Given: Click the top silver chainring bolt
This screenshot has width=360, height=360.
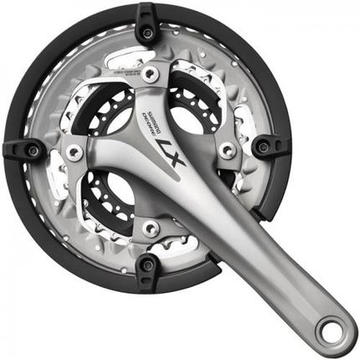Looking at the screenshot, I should tap(152, 75).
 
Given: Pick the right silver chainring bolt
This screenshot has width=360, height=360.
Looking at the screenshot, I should tap(226, 151).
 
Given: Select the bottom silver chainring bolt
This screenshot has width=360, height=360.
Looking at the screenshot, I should tap(151, 227).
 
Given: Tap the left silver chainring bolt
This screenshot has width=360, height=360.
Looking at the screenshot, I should tap(75, 152).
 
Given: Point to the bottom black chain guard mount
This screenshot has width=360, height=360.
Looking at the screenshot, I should tap(148, 266).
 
